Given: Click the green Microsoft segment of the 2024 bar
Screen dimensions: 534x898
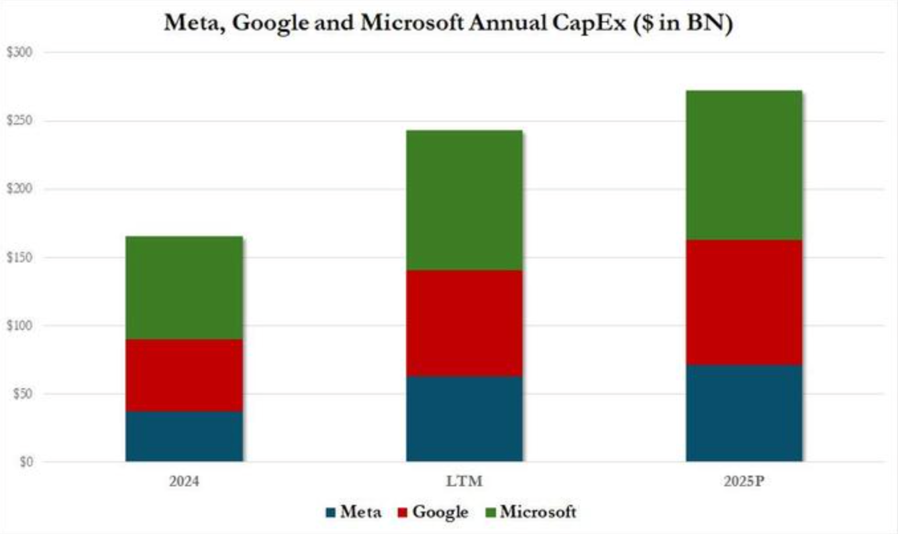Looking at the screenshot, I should [x=183, y=288].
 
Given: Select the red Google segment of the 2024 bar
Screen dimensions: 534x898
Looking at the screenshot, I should [x=183, y=376].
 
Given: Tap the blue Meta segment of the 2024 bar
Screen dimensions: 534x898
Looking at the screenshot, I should [x=183, y=437].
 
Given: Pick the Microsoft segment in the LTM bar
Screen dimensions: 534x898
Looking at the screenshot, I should [x=464, y=200].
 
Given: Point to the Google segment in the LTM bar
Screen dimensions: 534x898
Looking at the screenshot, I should [x=464, y=323].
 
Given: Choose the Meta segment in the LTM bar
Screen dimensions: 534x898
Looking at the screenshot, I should [x=464, y=419].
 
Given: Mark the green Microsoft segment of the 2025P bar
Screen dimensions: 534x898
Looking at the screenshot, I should [x=744, y=165].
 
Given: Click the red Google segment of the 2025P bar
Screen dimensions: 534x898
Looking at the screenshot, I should [x=744, y=302].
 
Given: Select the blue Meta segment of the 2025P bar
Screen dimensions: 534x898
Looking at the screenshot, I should [x=744, y=413].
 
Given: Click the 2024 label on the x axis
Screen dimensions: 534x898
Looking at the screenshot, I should [x=183, y=480].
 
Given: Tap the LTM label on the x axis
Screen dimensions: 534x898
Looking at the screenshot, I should [x=464, y=480].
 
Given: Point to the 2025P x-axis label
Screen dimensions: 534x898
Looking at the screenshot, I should [x=744, y=480].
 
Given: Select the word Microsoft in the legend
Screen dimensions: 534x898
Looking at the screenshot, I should [x=538, y=512].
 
